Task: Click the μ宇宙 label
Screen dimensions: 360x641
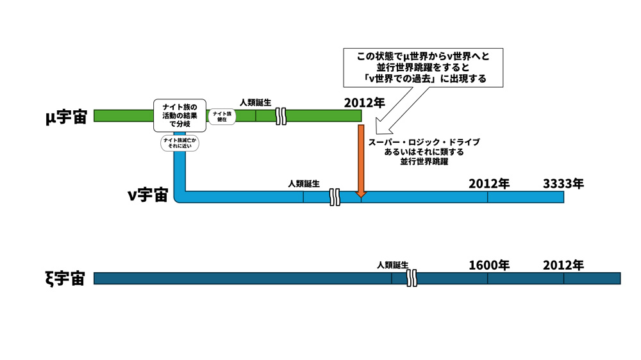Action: (65, 117)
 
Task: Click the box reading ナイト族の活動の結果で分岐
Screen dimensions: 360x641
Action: (179, 115)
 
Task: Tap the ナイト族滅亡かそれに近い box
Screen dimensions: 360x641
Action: (179, 143)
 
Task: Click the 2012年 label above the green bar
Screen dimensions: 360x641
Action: (364, 102)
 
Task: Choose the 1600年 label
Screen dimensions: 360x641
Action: (488, 265)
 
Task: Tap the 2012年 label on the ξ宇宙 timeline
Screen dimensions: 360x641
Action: (563, 265)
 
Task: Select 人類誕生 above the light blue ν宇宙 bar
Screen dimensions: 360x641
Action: (303, 183)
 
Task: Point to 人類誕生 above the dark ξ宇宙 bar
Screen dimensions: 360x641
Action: (392, 265)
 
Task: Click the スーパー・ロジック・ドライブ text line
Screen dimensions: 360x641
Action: (423, 142)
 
